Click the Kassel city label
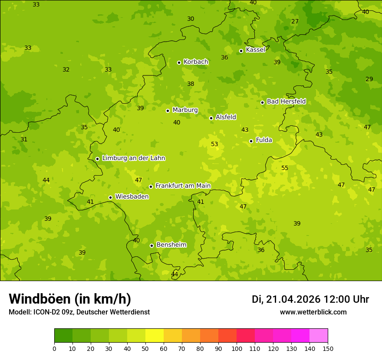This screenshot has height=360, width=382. [x=255, y=50]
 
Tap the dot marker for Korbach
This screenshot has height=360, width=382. [x=179, y=62]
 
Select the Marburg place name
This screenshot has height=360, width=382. [x=185, y=110]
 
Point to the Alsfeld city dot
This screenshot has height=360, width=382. [x=211, y=118]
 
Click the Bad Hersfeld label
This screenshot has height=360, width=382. [x=286, y=101]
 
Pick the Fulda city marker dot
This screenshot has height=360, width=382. [x=251, y=141]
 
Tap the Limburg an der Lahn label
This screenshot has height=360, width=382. [x=133, y=158]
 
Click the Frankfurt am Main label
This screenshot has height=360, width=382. [x=183, y=186]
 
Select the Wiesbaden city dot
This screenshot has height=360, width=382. [x=110, y=197]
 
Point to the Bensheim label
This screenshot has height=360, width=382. [x=171, y=245]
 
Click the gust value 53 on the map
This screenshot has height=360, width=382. [x=214, y=144]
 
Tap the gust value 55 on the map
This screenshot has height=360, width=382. [x=285, y=168]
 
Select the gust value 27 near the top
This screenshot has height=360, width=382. [x=295, y=22]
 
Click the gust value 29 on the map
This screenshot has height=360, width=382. [x=369, y=79]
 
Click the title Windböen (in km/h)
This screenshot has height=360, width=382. [x=70, y=299]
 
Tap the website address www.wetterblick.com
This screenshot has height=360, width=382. [x=313, y=312]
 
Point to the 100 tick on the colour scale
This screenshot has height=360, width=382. [x=237, y=348]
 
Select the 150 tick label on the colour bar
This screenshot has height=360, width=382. [x=328, y=348]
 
